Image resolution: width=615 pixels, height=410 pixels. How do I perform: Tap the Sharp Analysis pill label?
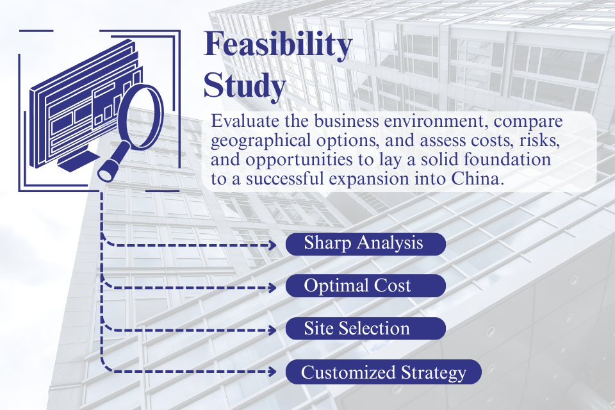(x=365, y=243)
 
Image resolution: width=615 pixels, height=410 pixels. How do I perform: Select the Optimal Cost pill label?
(x=365, y=286)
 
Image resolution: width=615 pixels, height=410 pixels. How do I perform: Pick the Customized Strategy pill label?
(x=382, y=372)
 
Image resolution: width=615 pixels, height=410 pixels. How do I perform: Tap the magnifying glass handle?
(x=110, y=167)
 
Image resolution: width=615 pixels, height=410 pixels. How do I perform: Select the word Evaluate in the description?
(x=242, y=122)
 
